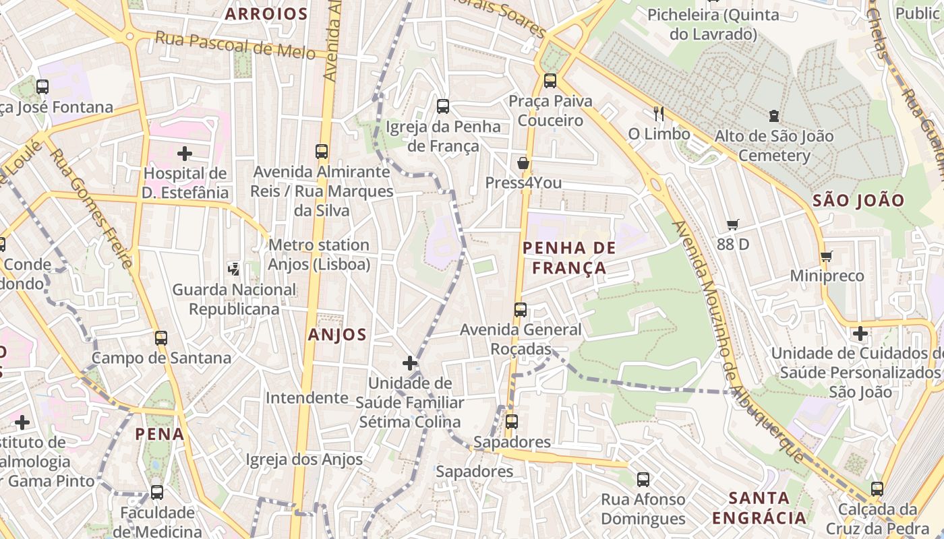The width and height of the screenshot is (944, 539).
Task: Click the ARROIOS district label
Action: (266, 13)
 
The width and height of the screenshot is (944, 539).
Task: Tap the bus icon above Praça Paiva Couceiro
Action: (550, 81)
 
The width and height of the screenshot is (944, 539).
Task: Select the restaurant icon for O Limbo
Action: (659, 114)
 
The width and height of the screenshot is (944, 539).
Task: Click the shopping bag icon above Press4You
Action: (523, 163)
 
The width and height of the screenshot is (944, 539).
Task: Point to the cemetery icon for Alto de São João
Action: (773, 117)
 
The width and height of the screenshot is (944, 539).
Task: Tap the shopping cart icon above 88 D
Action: (733, 224)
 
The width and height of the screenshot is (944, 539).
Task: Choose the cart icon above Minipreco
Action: (826, 256)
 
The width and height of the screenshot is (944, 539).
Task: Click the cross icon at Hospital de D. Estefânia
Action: (185, 154)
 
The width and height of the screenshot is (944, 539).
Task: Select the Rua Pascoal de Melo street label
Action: (235, 45)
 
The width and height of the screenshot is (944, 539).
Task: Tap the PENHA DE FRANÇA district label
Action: (569, 258)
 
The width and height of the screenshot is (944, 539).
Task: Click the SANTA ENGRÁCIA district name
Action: (759, 508)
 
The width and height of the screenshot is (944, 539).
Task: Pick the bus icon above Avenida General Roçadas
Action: (521, 310)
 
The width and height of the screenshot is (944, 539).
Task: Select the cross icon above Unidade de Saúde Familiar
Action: (410, 363)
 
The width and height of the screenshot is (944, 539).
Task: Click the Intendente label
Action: (307, 398)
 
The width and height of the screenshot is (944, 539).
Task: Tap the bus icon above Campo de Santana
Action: (161, 338)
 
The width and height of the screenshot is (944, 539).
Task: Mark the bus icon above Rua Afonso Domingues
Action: (643, 480)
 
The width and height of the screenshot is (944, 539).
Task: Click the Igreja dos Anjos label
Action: (304, 459)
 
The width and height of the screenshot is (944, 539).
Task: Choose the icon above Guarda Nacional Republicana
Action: (234, 269)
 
